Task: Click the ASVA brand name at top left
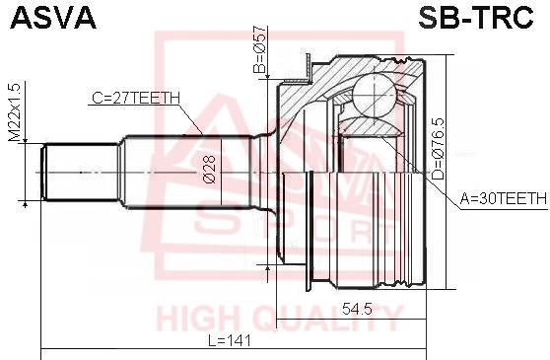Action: click(53, 17)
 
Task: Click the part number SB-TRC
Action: click(476, 17)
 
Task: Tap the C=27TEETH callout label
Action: click(136, 99)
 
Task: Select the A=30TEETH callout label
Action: click(504, 199)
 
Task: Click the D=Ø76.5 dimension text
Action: click(438, 150)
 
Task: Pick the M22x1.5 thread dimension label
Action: click(15, 111)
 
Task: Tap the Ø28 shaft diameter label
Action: click(209, 170)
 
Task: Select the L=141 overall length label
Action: click(230, 340)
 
